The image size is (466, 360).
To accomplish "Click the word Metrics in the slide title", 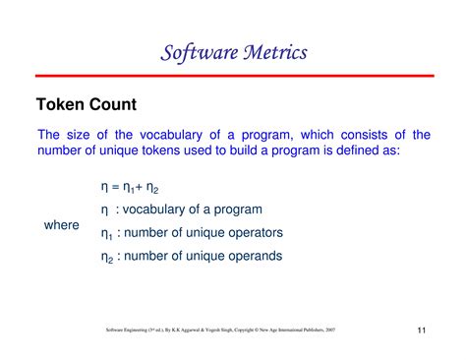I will (x=266, y=50).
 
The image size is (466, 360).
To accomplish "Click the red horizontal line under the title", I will (x=233, y=75).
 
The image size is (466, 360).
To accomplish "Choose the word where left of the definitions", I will (x=61, y=225).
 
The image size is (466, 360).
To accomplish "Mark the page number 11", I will (x=421, y=330).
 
